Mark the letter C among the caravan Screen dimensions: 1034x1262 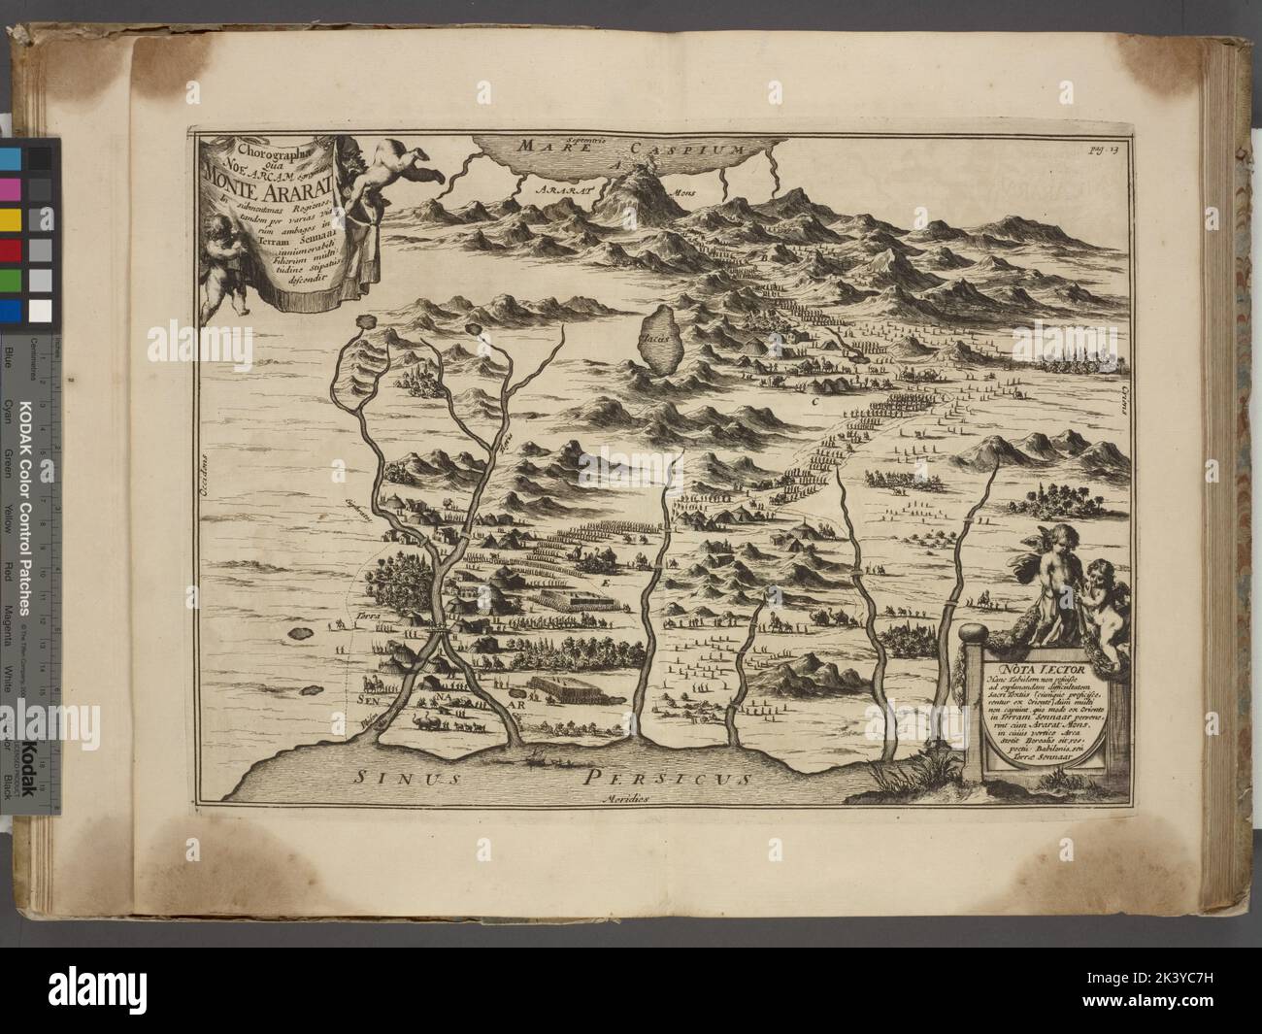pos(814,399)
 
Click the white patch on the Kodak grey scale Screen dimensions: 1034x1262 pos(41,311)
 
